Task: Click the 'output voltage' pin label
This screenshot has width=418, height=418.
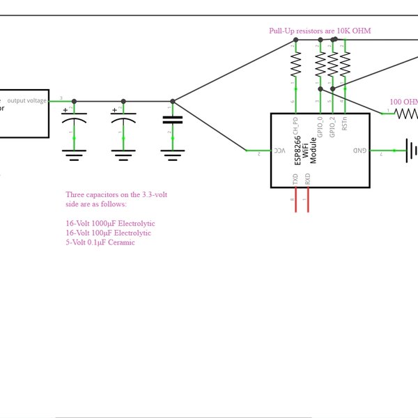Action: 27,100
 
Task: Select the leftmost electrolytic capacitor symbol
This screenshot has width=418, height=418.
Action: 75,121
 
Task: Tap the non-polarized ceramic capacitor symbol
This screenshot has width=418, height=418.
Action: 172,120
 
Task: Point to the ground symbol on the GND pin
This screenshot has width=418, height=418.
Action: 412,150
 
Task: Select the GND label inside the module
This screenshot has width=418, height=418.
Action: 359,150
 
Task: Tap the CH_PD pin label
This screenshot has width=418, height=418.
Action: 295,126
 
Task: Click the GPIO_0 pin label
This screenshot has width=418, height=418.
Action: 320,129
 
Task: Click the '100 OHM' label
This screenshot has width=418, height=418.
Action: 403,102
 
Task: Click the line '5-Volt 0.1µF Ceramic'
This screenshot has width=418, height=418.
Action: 100,242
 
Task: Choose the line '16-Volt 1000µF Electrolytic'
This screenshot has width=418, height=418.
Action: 110,223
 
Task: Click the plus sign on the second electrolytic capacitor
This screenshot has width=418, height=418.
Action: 114,110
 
